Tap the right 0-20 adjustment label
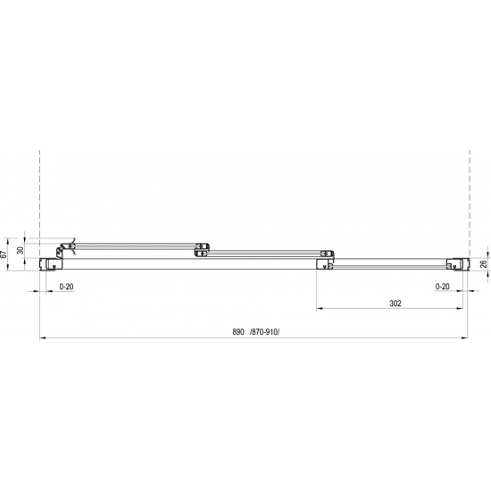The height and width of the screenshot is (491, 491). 441,286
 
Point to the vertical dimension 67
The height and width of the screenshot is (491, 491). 6,254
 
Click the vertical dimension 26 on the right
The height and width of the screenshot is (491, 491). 483,262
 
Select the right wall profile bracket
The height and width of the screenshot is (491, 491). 457,262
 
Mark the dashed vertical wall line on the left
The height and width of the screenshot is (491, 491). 40,187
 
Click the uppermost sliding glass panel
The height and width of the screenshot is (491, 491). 134,243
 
